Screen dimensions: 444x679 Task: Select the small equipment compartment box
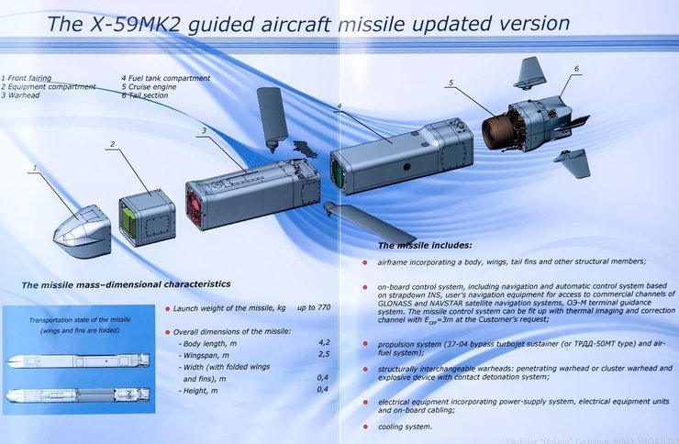[147, 217]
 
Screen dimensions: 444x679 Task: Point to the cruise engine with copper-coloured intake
[504, 130]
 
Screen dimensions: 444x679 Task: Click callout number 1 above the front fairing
[34, 169]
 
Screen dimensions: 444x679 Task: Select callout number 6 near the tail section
[576, 69]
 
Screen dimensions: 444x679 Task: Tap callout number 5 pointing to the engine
[451, 83]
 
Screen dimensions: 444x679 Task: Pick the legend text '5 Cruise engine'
[153, 87]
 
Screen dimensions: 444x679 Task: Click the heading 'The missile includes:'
[426, 246]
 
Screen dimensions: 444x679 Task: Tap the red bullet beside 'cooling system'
[365, 427]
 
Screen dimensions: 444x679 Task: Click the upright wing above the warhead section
[273, 116]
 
